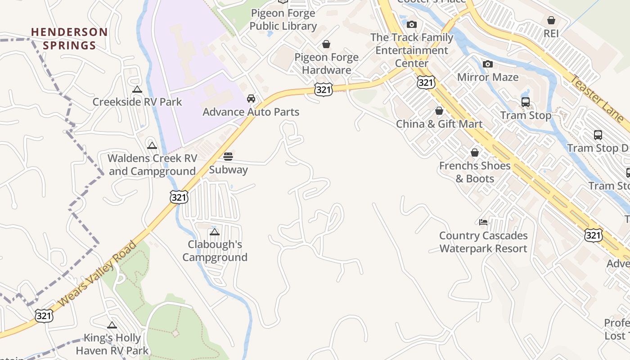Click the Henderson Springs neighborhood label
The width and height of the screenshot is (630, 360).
[x=69, y=39]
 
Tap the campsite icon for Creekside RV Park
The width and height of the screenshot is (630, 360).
[x=137, y=90]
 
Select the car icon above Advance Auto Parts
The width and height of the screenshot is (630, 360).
[x=251, y=99]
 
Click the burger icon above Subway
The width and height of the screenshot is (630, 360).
[x=228, y=157]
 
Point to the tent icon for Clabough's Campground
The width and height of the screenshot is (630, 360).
[x=215, y=232]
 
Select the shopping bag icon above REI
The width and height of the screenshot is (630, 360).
[x=551, y=20]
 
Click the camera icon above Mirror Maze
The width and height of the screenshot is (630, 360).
[x=487, y=64]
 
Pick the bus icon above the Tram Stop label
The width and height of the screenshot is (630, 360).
[x=526, y=102]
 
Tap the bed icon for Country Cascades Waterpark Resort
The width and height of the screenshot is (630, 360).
[x=483, y=222]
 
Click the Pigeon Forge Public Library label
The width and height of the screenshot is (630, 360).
[x=283, y=20]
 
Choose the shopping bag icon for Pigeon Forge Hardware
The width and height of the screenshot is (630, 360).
[x=326, y=44]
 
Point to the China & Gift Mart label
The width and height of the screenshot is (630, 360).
[x=439, y=124]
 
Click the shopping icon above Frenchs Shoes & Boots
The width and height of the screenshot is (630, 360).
[x=475, y=153]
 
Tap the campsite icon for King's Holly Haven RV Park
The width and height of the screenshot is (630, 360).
[x=112, y=325]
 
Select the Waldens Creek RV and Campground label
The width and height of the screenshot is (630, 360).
[x=153, y=165]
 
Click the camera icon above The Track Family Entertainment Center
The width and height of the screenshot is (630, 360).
[x=412, y=24]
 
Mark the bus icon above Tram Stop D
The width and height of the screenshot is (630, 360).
[x=598, y=135]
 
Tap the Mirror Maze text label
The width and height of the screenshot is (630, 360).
[x=488, y=77]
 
